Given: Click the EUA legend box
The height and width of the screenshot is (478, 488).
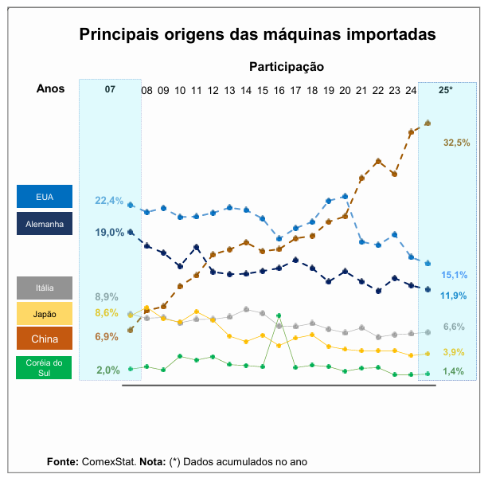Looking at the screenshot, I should coord(45,197).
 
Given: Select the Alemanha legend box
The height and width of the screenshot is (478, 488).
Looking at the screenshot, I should coord(45,224).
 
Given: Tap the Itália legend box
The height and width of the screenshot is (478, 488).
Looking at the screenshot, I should coord(45,288).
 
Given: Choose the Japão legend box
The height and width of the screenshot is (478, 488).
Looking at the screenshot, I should coord(45,314).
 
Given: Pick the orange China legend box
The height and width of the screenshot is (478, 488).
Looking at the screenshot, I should coord(45,339).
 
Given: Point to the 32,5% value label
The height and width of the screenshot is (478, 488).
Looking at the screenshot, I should coord(457,143).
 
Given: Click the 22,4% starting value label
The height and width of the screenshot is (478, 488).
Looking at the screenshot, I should coord(109,201).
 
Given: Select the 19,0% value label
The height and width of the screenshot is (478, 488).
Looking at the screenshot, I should coord(109,233).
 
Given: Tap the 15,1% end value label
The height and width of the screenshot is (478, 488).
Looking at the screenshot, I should coord(455,275).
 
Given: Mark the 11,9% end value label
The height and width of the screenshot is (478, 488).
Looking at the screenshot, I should coord(454,296).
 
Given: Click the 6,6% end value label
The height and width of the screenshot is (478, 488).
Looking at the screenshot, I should coord(454,327).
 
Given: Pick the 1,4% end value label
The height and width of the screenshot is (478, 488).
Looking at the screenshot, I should coord(453,371).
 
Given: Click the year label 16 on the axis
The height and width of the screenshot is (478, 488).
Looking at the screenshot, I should coord(279,91).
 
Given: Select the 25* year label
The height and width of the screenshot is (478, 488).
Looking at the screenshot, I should coord(446,90).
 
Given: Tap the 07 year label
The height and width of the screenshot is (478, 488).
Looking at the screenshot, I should coord(110,90).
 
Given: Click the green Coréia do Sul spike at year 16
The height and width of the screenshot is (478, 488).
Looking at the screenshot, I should coord(279,316).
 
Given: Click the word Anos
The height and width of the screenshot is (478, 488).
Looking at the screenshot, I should coord(51,88).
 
